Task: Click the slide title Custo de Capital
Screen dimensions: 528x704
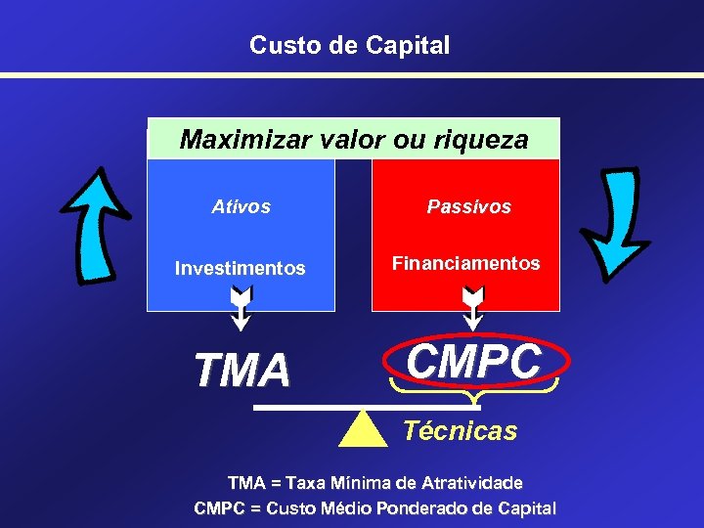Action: tap(349, 45)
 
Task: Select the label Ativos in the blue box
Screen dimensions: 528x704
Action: tap(241, 207)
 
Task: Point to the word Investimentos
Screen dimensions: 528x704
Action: tap(240, 268)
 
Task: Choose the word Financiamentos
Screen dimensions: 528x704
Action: tap(465, 263)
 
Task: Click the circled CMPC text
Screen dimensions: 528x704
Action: tap(473, 362)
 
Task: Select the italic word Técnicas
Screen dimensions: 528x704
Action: tap(461, 431)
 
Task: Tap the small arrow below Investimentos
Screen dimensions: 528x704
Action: tap(241, 307)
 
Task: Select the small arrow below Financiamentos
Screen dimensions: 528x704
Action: tap(473, 307)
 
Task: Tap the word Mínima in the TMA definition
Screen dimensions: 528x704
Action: tap(362, 483)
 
